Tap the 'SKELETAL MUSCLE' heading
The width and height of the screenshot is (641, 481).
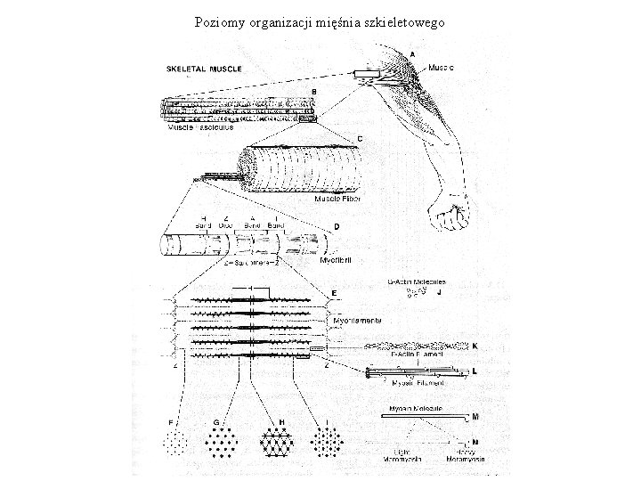point(200,69)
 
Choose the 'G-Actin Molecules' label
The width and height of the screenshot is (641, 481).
point(417,281)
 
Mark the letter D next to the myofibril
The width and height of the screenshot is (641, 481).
point(336,227)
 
